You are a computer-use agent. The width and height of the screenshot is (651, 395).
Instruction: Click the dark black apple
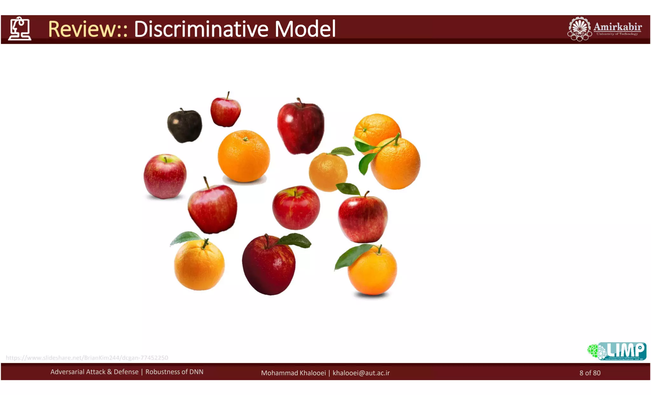pyautogui.click(x=184, y=126)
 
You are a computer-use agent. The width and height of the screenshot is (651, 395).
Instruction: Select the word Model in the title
pyautogui.click(x=305, y=29)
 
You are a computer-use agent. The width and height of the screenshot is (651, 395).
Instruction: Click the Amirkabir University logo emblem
pyautogui.click(x=579, y=29)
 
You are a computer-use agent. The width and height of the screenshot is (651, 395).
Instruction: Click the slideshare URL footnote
pyautogui.click(x=87, y=358)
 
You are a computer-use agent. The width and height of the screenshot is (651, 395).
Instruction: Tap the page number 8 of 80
pyautogui.click(x=590, y=373)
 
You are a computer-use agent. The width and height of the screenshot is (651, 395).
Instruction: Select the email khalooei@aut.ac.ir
pyautogui.click(x=361, y=373)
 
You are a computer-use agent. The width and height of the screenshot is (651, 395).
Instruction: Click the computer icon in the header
pyautogui.click(x=20, y=29)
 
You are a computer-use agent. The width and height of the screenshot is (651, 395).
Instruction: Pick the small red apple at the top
pyautogui.click(x=225, y=112)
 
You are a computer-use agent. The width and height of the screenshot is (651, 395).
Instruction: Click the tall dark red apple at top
pyautogui.click(x=300, y=127)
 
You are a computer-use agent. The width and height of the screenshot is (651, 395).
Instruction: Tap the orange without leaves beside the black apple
pyautogui.click(x=244, y=156)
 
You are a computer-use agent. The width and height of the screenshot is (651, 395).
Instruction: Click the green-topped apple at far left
pyautogui.click(x=165, y=176)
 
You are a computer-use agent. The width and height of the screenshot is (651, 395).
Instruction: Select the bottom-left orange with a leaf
pyautogui.click(x=199, y=265)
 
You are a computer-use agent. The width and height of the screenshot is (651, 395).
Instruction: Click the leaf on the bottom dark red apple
pyautogui.click(x=295, y=240)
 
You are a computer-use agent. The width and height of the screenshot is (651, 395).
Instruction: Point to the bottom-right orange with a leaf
pyautogui.click(x=372, y=271)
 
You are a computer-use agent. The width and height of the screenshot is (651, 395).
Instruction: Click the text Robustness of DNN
pyautogui.click(x=174, y=372)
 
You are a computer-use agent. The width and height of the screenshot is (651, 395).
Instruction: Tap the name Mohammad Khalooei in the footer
pyautogui.click(x=293, y=373)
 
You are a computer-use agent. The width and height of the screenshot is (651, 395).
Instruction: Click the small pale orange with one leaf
pyautogui.click(x=328, y=172)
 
